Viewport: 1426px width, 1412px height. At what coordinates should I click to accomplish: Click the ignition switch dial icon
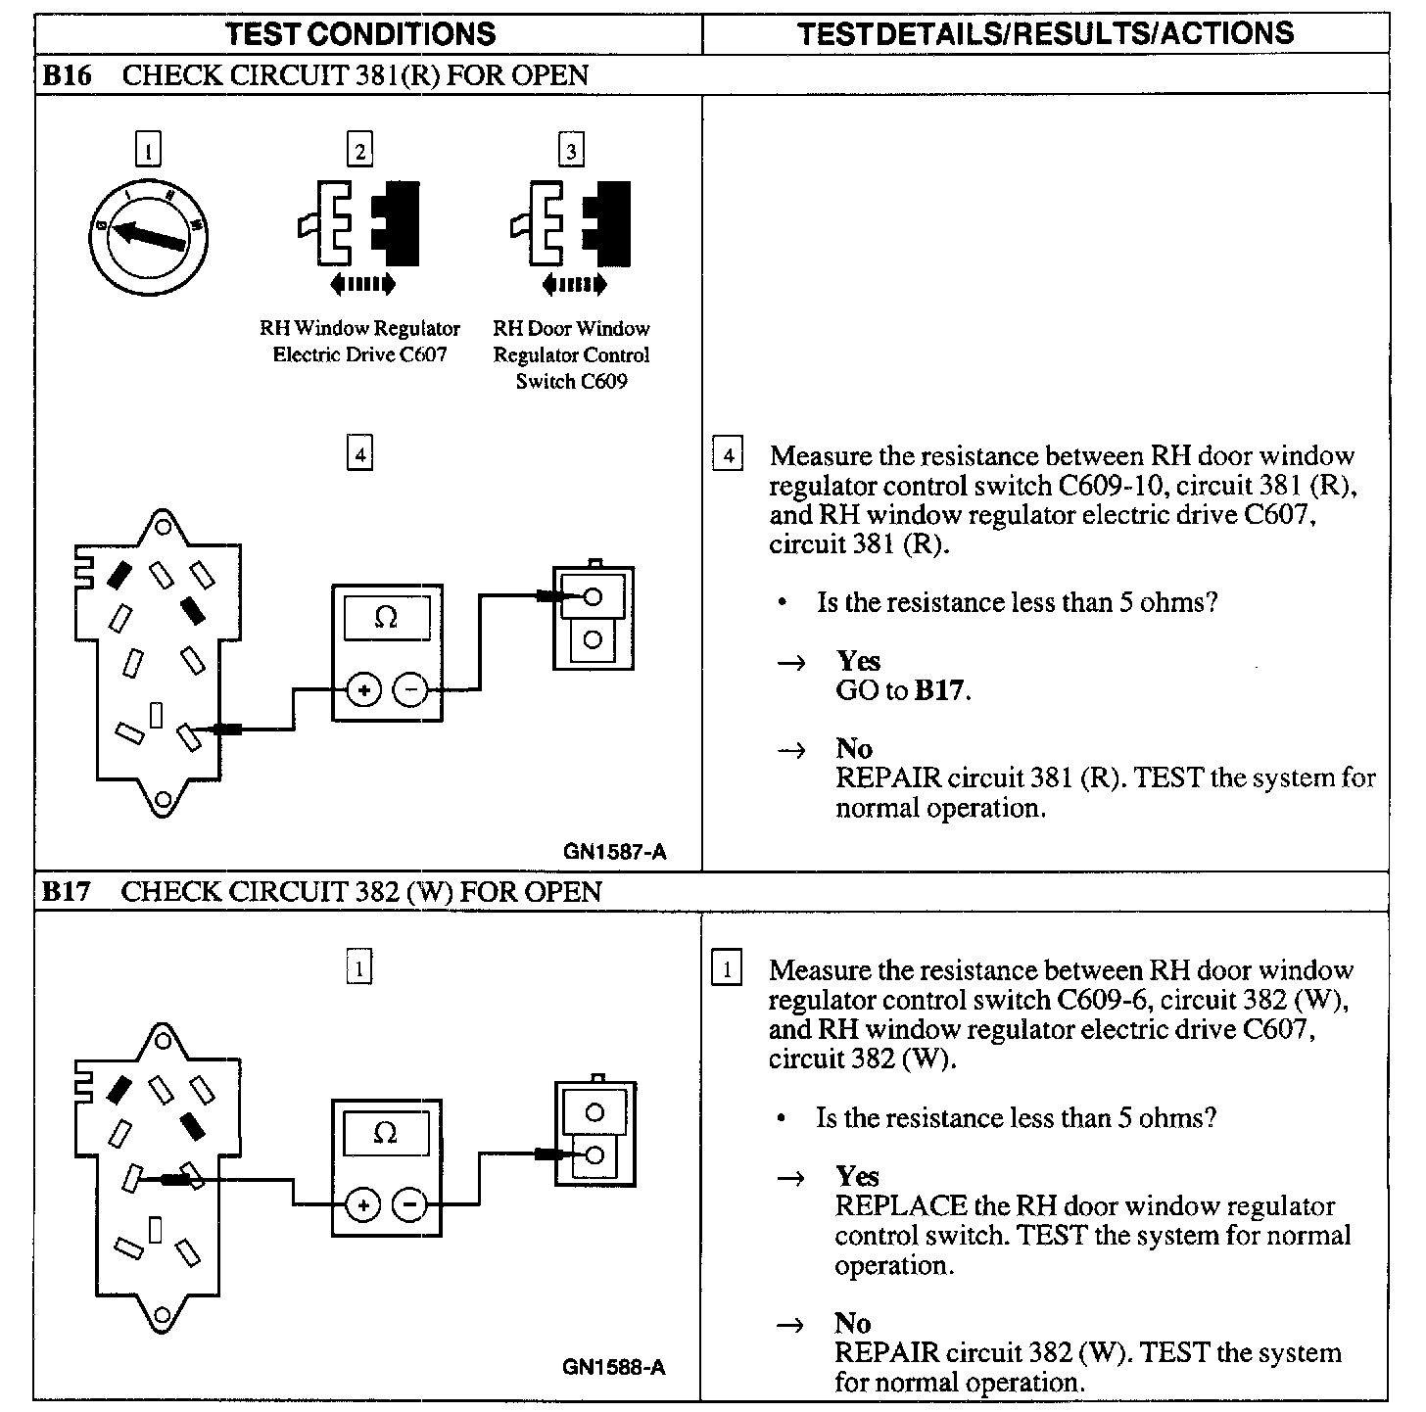pos(149,235)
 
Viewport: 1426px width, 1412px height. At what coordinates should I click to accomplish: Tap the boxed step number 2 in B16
pos(359,151)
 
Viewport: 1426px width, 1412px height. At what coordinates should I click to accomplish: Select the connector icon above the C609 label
pos(571,223)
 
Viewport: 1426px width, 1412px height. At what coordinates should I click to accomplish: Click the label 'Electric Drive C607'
pos(359,354)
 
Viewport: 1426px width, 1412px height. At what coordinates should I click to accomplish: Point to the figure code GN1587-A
pos(614,852)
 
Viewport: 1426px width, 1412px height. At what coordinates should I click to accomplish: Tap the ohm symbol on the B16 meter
pos(386,618)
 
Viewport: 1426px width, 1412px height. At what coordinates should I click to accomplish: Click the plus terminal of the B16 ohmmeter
pos(363,691)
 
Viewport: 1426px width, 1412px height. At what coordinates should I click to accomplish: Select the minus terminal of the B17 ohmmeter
pos(409,1205)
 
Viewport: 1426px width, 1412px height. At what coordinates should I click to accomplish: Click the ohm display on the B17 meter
pos(386,1134)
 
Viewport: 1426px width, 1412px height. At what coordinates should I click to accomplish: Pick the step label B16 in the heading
pos(67,75)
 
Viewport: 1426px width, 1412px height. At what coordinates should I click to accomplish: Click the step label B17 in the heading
pos(67,892)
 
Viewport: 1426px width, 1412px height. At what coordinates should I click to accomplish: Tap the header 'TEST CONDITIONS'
pos(359,34)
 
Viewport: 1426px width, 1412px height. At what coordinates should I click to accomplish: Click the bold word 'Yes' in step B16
pos(858,661)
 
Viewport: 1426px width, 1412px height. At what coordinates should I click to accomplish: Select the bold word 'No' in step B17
pos(853,1324)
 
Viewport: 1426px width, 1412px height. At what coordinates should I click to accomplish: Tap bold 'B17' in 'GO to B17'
pos(939,691)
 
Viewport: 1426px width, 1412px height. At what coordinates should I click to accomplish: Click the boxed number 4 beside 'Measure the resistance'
pos(727,456)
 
